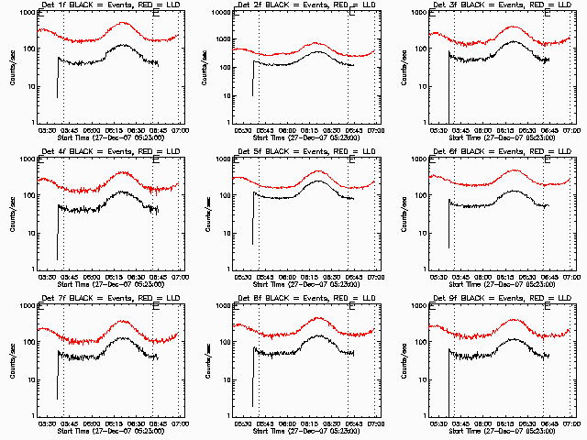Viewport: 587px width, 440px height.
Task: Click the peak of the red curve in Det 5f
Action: [x=317, y=170]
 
